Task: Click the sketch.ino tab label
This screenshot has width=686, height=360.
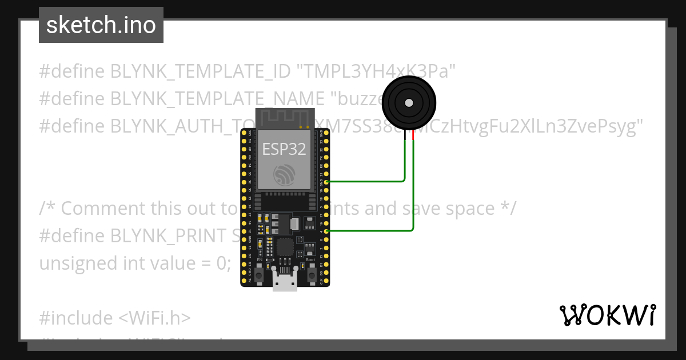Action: click(x=101, y=25)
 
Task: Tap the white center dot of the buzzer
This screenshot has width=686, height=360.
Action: click(x=409, y=103)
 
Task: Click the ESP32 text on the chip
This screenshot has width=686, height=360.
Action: click(x=284, y=149)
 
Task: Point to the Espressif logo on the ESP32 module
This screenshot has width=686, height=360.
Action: click(x=284, y=175)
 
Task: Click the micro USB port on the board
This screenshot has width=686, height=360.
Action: click(x=285, y=282)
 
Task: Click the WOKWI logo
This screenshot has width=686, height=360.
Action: click(x=607, y=315)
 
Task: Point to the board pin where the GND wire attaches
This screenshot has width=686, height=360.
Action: click(x=326, y=181)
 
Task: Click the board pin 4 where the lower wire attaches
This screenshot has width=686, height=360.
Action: click(x=326, y=231)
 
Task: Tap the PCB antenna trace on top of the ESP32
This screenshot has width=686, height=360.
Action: click(x=284, y=118)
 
